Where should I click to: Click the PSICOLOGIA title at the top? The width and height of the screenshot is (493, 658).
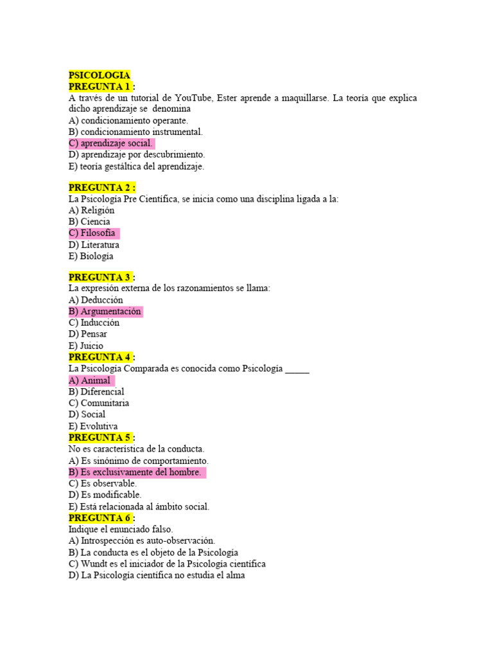[99, 75]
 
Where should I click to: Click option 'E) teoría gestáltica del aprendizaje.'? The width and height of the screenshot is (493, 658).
[136, 166]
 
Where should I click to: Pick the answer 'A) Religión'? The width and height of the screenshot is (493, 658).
[91, 210]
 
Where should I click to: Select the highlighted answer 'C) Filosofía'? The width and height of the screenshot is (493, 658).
[92, 233]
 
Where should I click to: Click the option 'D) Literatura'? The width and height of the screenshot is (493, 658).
[94, 245]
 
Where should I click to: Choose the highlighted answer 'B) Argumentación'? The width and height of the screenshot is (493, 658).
[105, 312]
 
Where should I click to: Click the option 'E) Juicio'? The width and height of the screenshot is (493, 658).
[85, 346]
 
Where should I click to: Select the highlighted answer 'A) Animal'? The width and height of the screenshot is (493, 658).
[90, 380]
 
